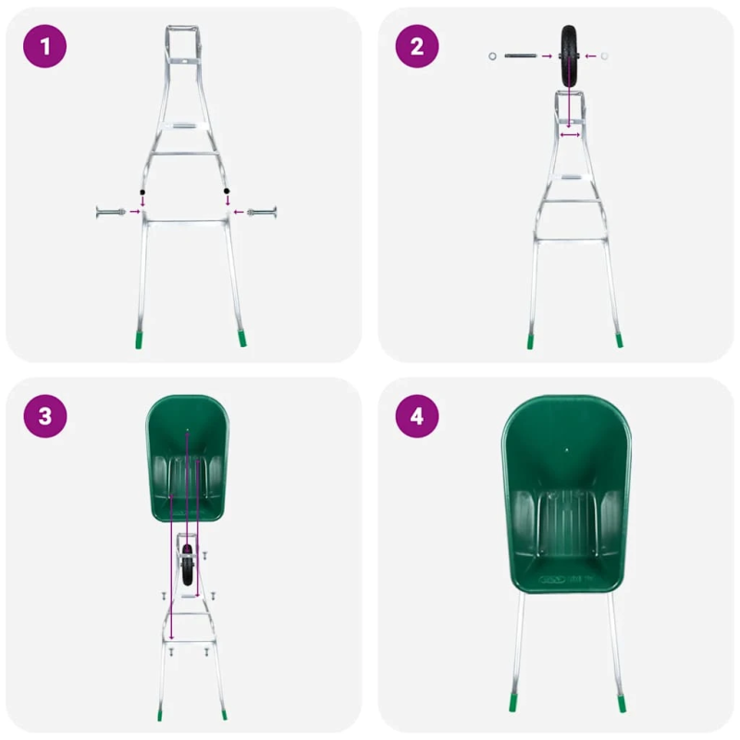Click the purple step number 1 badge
coord(45,46)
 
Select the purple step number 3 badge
coord(45,416)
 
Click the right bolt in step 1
coord(262,213)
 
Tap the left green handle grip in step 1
coord(137,337)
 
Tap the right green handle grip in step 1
coord(241,337)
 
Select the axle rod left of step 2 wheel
coord(520,56)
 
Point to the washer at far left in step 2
coord(491,56)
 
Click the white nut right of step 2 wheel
coord(604,56)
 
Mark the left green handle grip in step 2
coord(531,339)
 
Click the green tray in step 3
coord(188,458)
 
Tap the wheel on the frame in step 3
coord(189,566)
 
